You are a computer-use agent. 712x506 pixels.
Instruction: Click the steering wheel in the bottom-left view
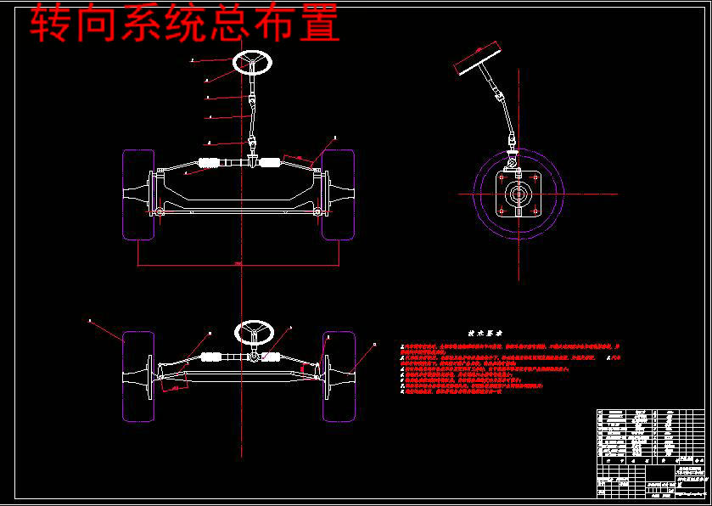(x=253, y=331)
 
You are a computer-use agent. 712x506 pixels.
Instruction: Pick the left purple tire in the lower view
(x=138, y=376)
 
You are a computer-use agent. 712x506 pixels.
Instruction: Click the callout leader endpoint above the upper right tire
(x=335, y=136)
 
